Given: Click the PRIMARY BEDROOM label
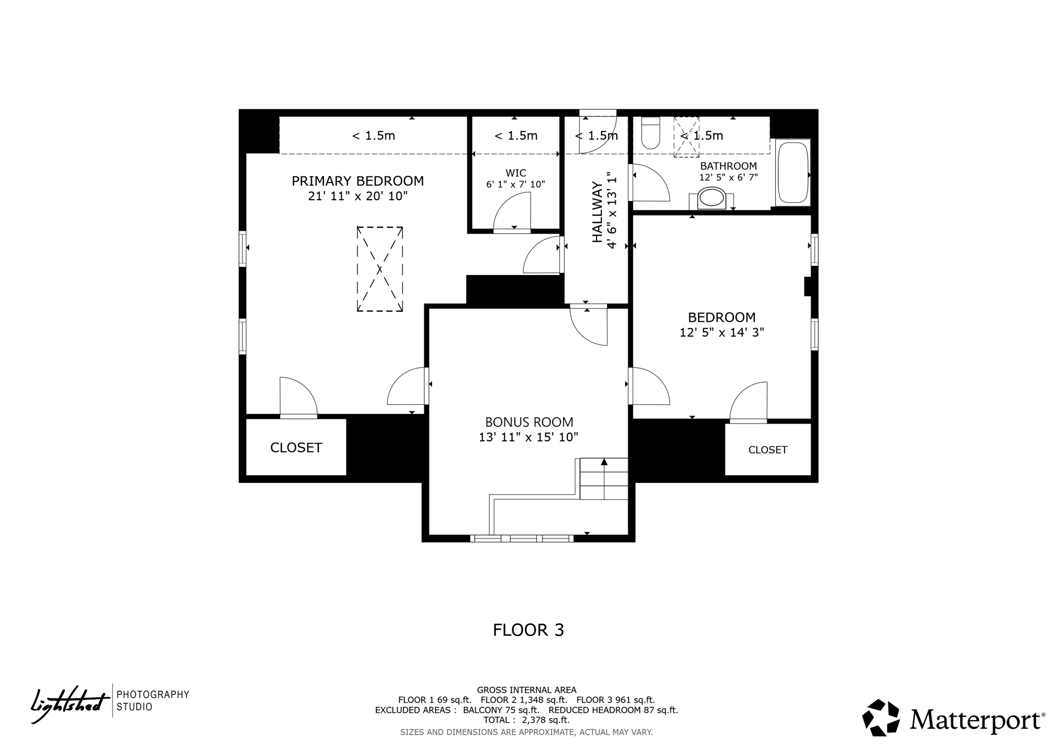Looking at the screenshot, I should (x=357, y=181).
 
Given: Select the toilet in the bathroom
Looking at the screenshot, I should (x=650, y=133).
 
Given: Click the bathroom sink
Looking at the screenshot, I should (x=711, y=198).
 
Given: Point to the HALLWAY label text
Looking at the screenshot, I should (x=597, y=212).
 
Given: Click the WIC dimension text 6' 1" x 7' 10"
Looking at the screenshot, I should (x=515, y=184).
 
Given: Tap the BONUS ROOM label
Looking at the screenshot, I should (x=528, y=422).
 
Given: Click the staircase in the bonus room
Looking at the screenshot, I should (x=603, y=479).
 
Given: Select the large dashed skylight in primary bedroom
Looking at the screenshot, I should (x=379, y=269).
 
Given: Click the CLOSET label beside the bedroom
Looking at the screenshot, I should (x=767, y=450).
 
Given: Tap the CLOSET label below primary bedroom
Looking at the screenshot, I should (x=296, y=447).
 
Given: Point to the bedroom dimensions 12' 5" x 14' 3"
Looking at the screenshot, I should (x=721, y=332).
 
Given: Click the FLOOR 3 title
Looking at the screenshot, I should (x=528, y=630).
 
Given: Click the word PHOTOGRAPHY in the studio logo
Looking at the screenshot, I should (x=153, y=694).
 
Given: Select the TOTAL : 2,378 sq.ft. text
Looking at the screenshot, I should (x=526, y=720).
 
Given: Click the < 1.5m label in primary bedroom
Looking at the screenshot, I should (x=373, y=136).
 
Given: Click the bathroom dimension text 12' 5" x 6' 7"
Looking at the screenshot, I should (x=728, y=177).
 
